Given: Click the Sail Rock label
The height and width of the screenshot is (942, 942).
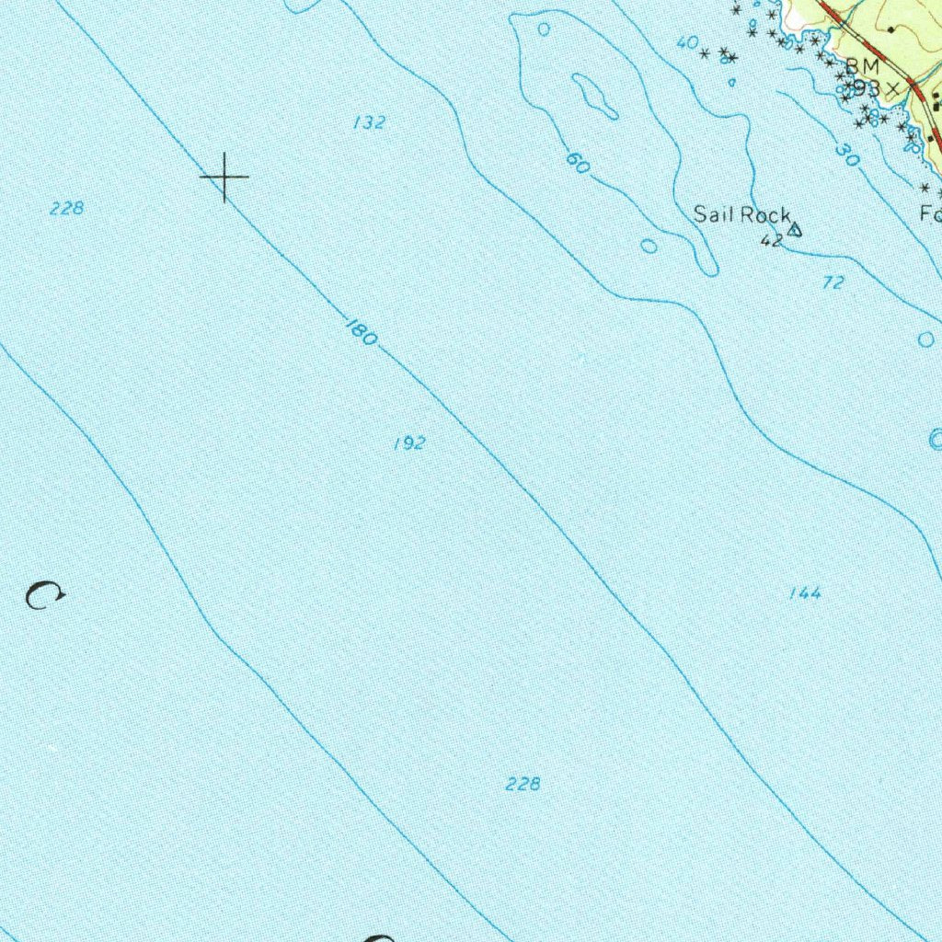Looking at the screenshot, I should (x=741, y=215).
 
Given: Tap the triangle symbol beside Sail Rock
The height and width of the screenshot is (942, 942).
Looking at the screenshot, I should (x=795, y=229).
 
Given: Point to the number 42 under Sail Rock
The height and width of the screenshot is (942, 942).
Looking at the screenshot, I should (x=771, y=241).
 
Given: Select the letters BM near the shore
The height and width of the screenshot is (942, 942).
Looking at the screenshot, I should (x=863, y=66).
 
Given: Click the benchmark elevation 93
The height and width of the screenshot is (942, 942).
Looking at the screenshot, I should (x=867, y=88).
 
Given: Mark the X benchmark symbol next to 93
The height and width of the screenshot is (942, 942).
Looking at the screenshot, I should (x=891, y=87).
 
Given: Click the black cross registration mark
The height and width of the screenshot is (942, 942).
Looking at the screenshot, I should (x=224, y=175).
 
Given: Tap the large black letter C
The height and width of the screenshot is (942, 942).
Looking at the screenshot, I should (x=43, y=596).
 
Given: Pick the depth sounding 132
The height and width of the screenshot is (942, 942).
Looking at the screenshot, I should (x=369, y=122).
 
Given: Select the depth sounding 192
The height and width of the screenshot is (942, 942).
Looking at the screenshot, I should (x=409, y=443).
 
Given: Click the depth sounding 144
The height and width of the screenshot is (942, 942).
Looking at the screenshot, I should (x=805, y=594).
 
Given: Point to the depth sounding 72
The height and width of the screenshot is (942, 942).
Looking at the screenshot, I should (x=833, y=283).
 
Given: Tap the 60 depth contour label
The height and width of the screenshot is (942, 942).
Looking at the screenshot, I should (x=577, y=164).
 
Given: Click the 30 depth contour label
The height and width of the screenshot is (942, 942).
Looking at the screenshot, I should (x=847, y=155).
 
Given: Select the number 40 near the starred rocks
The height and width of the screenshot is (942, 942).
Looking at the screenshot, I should (x=686, y=42).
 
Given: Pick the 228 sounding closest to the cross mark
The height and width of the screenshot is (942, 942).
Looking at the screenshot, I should (x=67, y=209).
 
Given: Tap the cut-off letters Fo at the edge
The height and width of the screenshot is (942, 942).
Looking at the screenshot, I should (x=930, y=214).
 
